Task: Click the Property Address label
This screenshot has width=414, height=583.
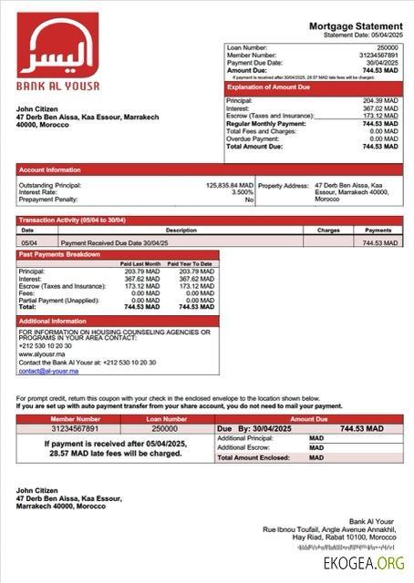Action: point(284,185)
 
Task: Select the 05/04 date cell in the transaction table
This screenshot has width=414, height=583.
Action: point(28,243)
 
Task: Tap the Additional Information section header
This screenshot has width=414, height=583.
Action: point(58,321)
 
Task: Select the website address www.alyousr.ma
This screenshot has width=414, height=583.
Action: point(37,353)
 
